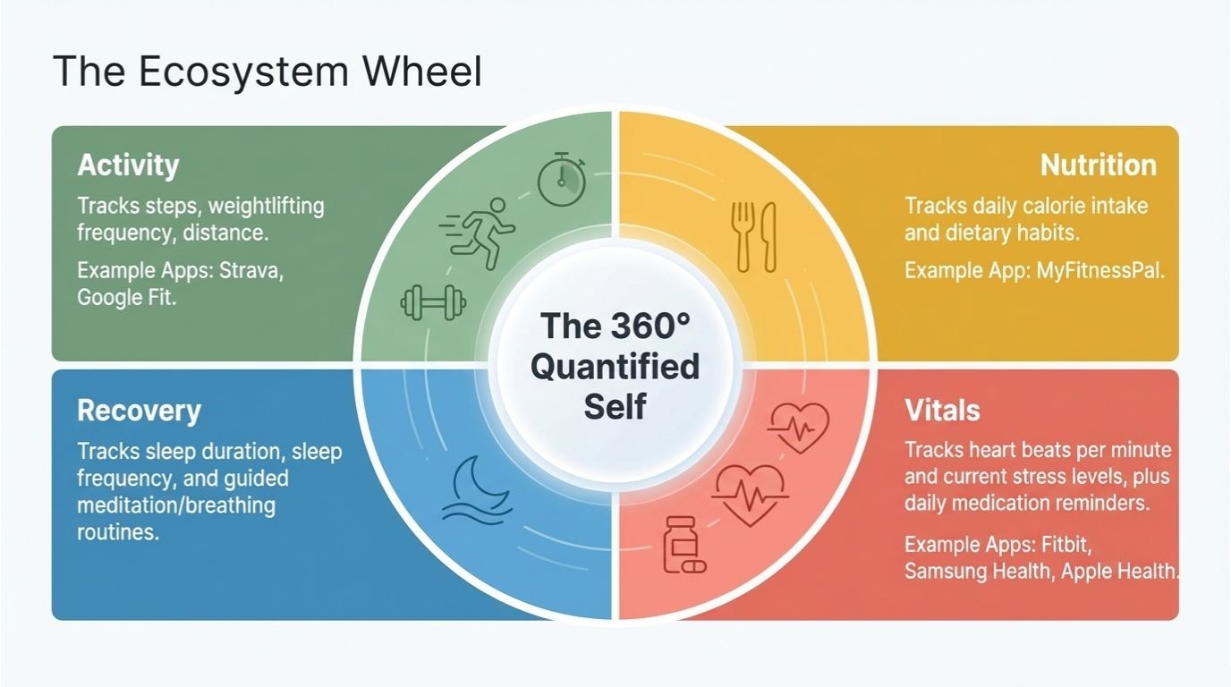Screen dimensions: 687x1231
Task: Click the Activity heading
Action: coord(128,165)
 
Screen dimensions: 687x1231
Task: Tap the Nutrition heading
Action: coord(1098,165)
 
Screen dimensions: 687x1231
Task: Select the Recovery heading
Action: coord(139,411)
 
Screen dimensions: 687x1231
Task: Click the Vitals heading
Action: coord(942,411)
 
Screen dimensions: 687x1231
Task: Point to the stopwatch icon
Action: coord(561,178)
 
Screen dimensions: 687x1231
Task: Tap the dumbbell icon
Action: coord(434,301)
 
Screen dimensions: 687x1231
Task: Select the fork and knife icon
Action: coord(754,236)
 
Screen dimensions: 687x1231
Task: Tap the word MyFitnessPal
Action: coord(1099,270)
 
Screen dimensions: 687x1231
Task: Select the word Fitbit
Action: coord(1065,543)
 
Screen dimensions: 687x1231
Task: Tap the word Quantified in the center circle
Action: coord(615,366)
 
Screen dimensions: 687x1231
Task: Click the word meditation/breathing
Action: coord(176,505)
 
